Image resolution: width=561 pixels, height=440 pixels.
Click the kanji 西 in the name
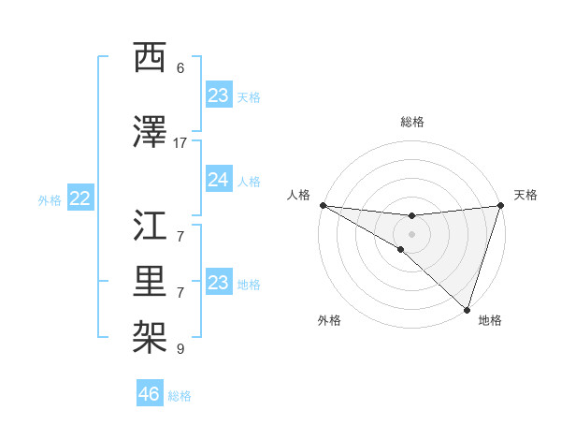click(x=151, y=59)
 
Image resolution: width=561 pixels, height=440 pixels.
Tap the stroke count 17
click(x=180, y=142)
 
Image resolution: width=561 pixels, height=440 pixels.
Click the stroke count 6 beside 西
click(x=180, y=68)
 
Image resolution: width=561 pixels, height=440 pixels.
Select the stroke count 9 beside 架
click(x=180, y=349)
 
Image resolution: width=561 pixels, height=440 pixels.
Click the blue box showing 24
click(x=218, y=180)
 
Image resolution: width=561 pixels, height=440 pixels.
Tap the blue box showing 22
click(x=80, y=198)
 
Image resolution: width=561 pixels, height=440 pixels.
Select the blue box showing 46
click(x=150, y=393)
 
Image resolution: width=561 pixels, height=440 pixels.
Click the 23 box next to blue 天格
click(x=218, y=95)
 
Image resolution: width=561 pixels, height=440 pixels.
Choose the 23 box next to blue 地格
click(x=218, y=283)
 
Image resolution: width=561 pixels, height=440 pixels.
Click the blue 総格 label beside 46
click(x=180, y=396)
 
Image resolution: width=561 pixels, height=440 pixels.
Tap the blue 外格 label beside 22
click(x=50, y=199)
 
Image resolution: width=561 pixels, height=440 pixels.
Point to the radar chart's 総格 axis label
click(x=411, y=122)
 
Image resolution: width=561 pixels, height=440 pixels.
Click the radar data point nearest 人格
click(x=323, y=205)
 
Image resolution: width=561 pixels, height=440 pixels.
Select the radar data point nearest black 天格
click(x=500, y=206)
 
